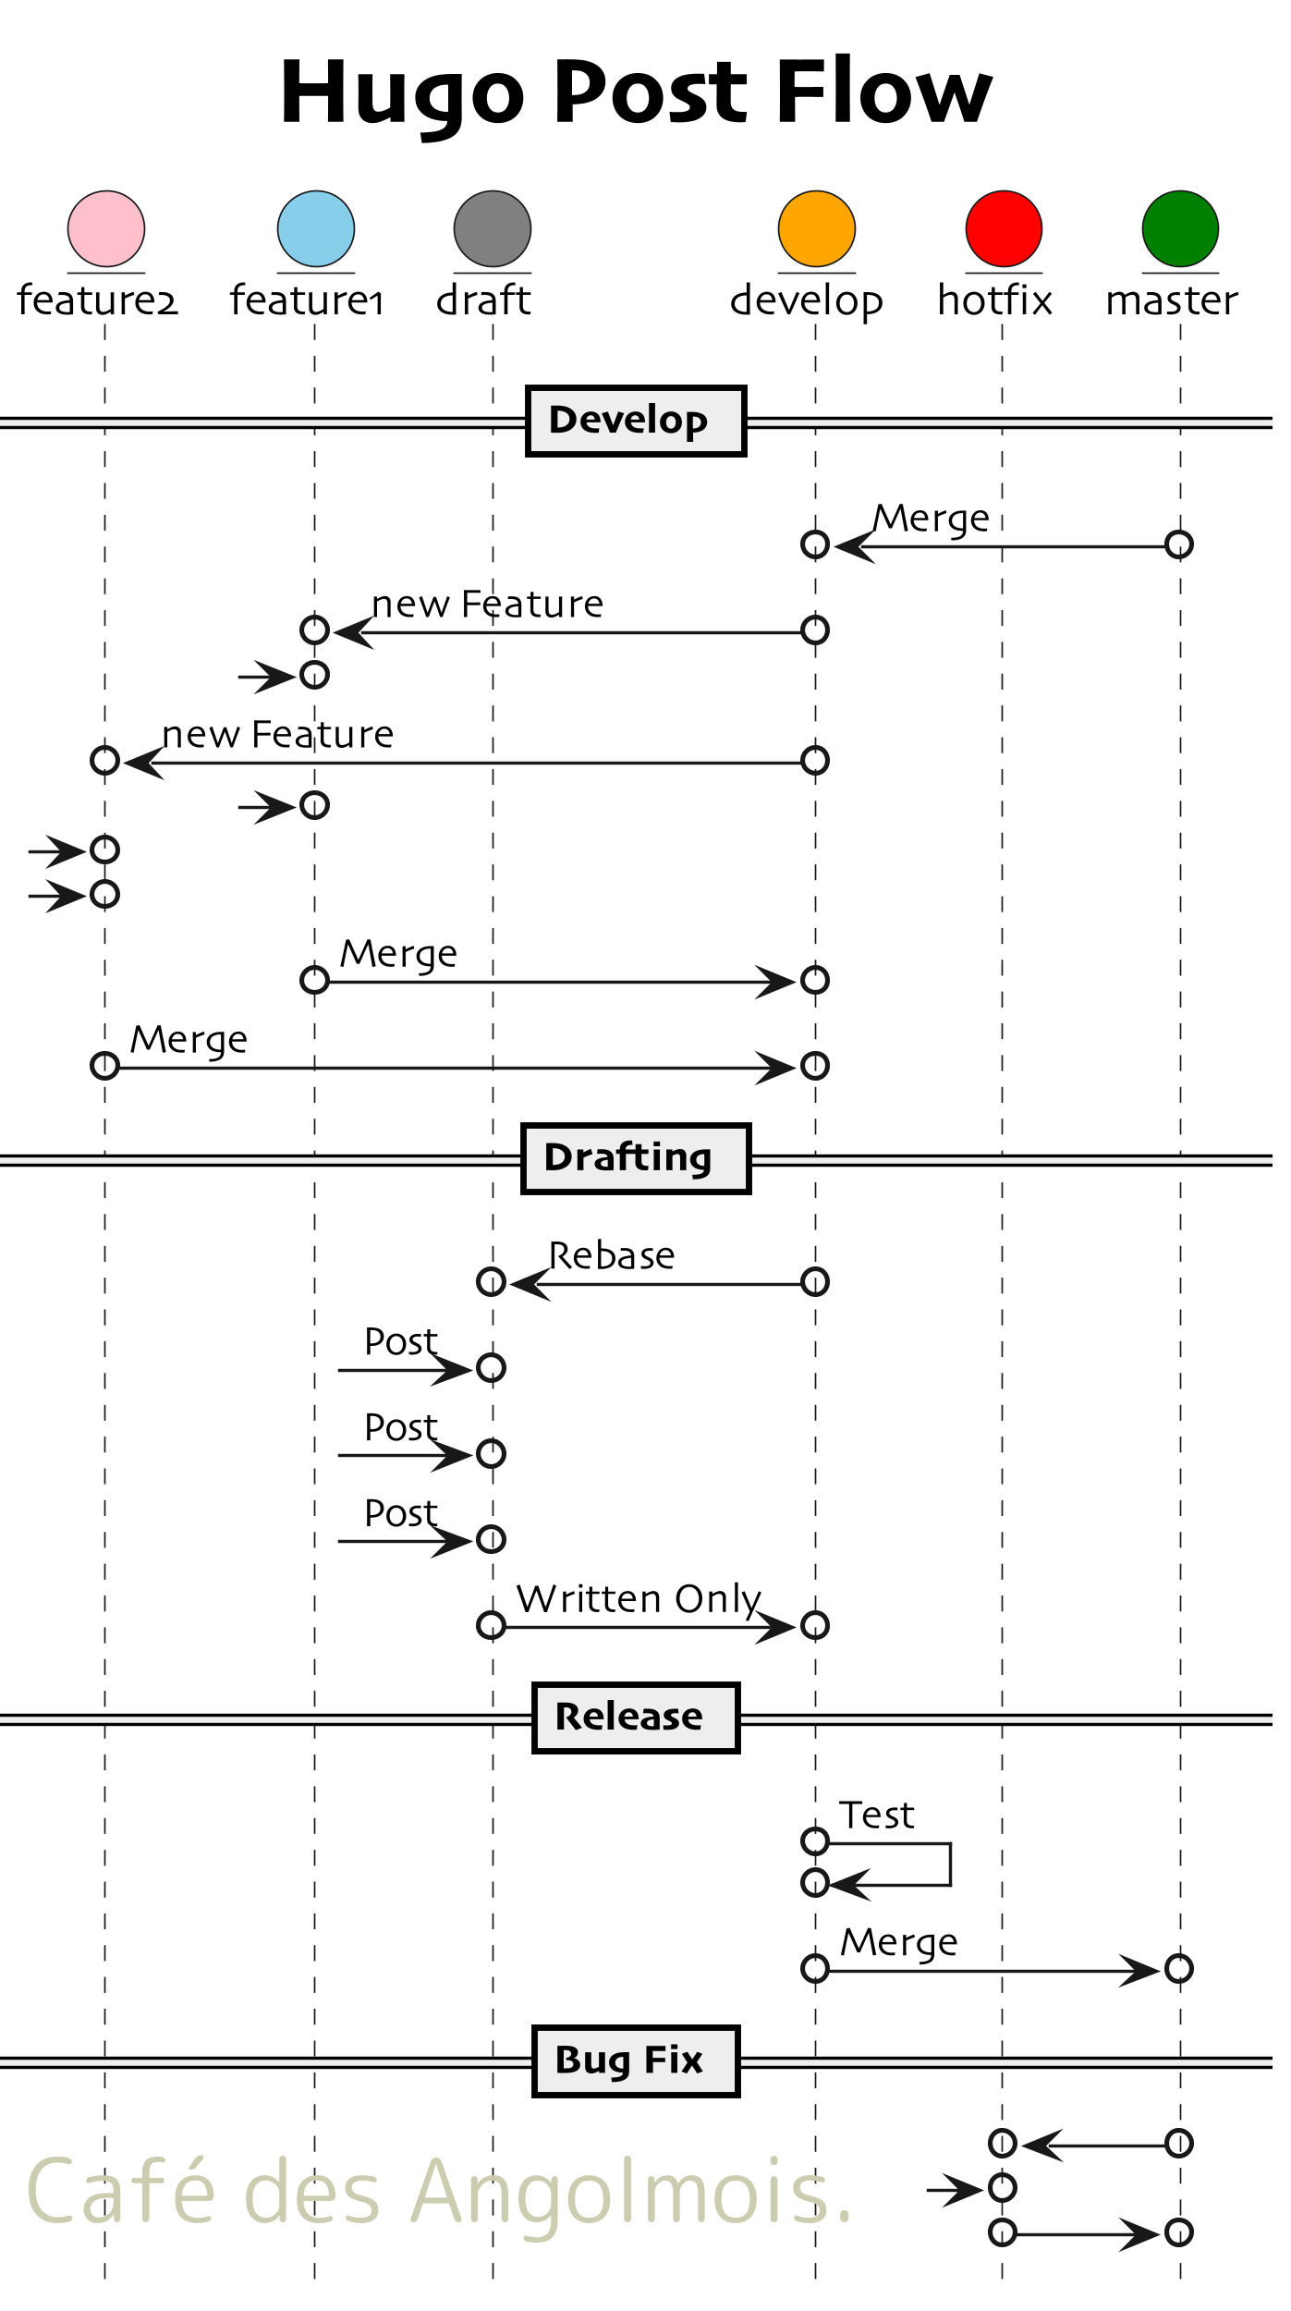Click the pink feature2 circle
click(x=106, y=229)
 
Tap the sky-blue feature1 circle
click(x=316, y=229)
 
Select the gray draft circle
click(x=493, y=229)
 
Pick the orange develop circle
click(x=817, y=229)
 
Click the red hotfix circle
click(x=1004, y=229)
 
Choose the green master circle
click(x=1180, y=229)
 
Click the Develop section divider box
click(x=636, y=422)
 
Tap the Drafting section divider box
click(x=636, y=1159)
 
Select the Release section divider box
click(x=636, y=1718)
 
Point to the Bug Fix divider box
click(x=636, y=2061)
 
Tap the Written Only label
click(x=639, y=1599)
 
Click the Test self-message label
click(x=876, y=1816)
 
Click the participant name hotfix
click(x=995, y=300)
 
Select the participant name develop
click(x=807, y=300)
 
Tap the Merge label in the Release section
click(x=899, y=1942)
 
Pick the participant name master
click(x=1172, y=300)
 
